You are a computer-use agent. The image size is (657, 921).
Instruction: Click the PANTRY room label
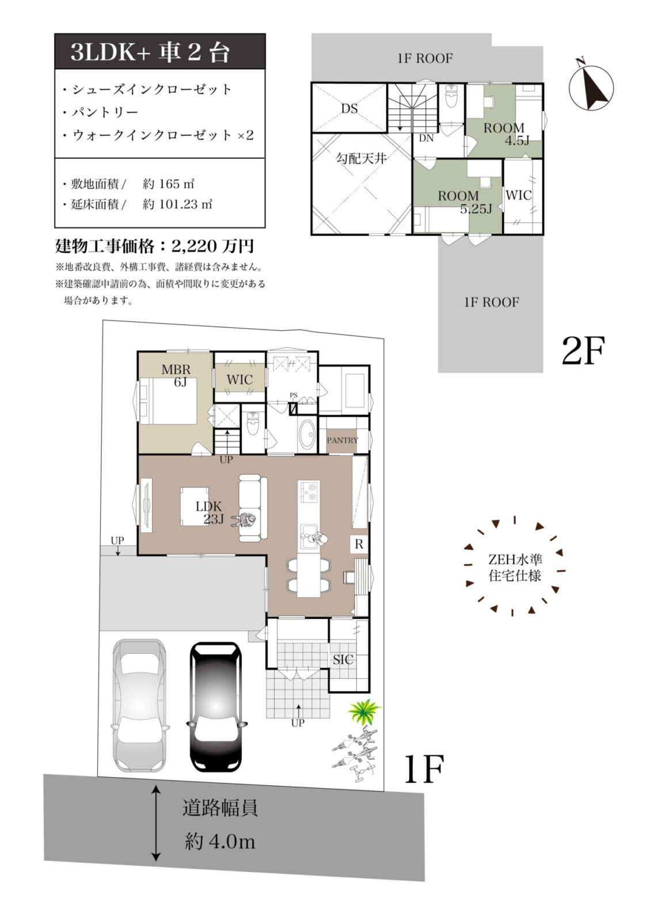coord(342,440)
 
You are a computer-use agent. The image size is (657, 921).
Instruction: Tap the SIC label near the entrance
coord(343,660)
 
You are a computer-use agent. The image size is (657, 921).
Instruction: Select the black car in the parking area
coord(216,707)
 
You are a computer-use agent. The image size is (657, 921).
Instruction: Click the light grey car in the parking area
coord(140,706)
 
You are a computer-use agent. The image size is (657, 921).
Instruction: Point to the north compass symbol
coord(591,87)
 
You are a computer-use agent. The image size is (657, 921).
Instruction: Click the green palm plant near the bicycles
coord(363,711)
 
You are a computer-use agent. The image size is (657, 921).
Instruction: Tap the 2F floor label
coord(583,351)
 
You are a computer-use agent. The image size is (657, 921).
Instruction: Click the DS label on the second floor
coord(349,109)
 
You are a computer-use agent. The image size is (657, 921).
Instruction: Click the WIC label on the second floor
coord(518,195)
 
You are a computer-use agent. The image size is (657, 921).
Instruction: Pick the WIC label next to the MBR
coord(240,380)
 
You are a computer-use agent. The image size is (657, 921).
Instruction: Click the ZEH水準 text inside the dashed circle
coord(515,559)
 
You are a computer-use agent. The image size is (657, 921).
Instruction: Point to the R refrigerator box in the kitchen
coord(359,544)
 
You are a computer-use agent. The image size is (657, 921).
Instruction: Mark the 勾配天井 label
coord(361,158)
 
